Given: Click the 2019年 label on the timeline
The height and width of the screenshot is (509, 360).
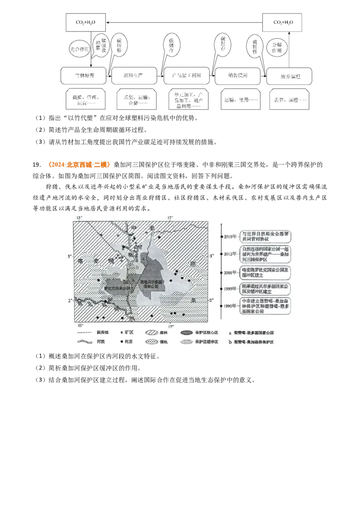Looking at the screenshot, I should point(229,236).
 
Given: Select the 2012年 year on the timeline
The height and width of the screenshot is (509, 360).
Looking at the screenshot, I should point(229,254).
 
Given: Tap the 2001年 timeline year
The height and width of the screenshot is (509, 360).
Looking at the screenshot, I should point(229,272).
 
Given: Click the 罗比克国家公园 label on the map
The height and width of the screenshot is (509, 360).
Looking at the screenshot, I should point(116,288).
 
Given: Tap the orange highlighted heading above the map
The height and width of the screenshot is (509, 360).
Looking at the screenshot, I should point(79,165).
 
